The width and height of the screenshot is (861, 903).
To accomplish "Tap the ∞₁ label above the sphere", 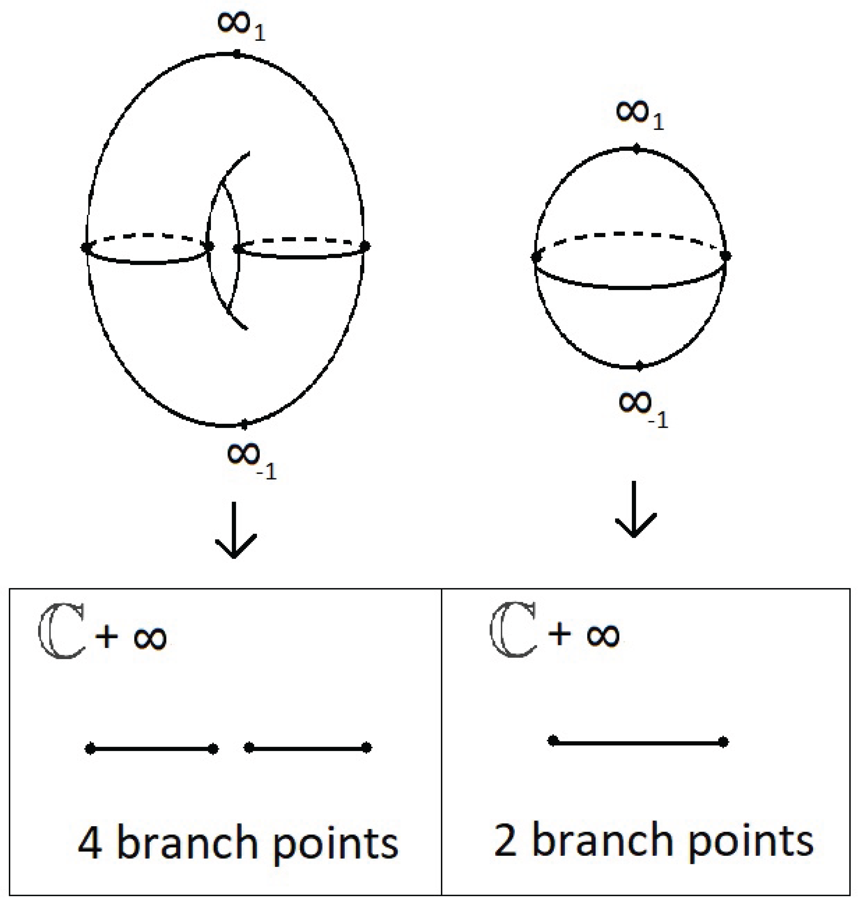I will coord(639,115).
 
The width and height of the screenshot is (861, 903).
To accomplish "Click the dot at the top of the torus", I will coord(237,55).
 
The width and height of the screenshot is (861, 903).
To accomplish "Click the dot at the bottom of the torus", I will coord(244,425).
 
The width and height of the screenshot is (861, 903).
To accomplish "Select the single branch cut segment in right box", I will coord(638,741).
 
